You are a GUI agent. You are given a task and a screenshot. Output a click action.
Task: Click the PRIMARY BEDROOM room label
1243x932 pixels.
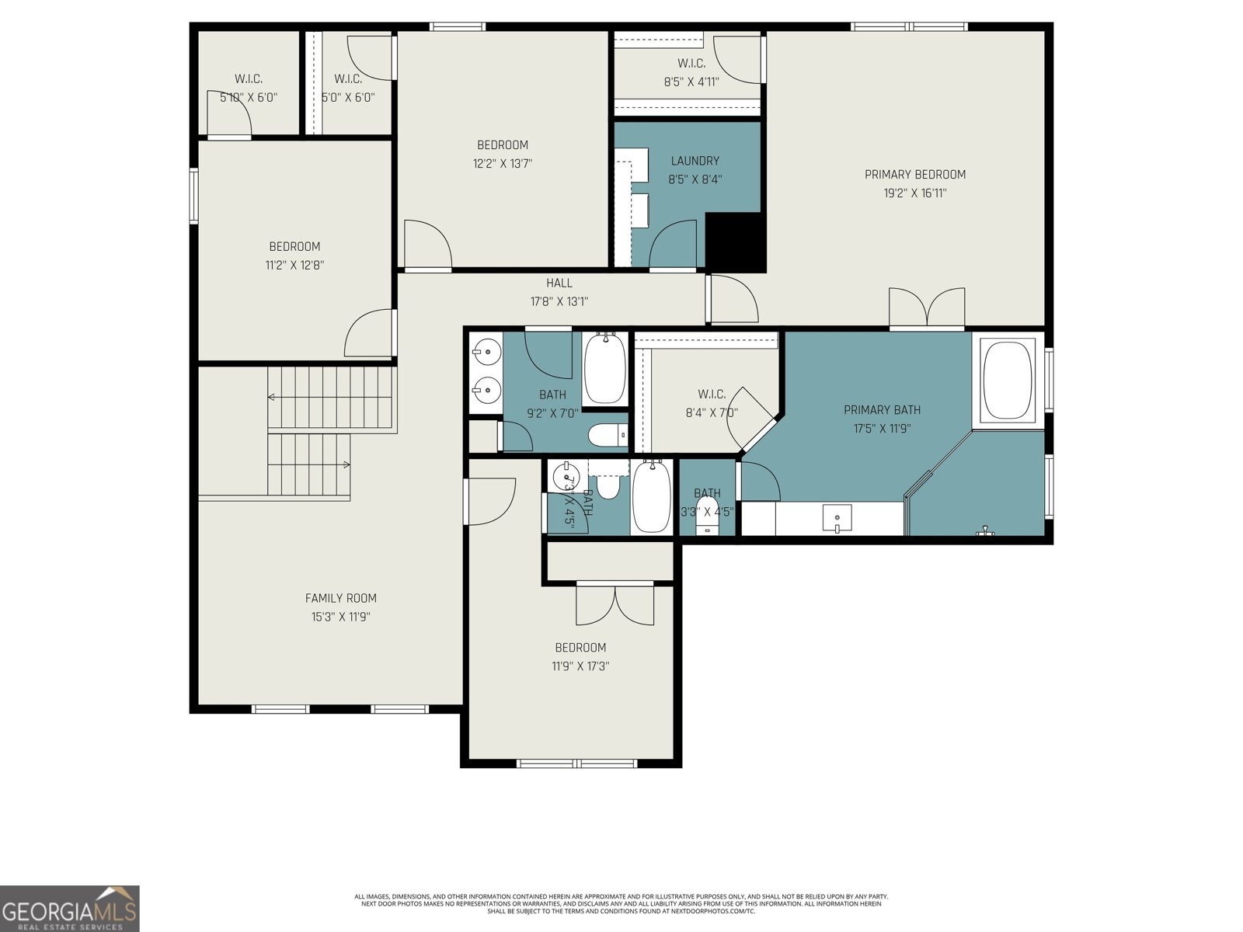pos(915,175)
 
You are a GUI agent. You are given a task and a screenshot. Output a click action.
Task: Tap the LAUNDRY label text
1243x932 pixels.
pos(695,161)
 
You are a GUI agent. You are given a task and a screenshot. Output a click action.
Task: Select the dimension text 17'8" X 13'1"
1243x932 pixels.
pos(559,302)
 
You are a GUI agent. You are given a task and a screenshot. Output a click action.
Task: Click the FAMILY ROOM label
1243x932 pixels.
pos(340,598)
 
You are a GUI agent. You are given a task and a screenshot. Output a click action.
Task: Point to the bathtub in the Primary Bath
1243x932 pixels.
pos(1008,380)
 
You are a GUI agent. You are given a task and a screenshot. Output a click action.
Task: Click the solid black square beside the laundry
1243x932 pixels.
pos(736,242)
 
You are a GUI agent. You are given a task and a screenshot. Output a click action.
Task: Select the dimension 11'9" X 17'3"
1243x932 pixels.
pos(580,666)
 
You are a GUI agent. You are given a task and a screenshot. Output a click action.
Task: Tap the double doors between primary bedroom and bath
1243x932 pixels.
pos(927,308)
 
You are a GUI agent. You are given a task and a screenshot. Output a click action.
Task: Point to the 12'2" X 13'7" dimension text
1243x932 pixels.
pos(503,164)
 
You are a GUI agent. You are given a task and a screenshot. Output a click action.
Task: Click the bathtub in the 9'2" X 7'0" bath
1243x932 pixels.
pos(604,368)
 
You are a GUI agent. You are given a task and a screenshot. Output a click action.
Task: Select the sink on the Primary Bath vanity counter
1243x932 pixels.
pos(837,517)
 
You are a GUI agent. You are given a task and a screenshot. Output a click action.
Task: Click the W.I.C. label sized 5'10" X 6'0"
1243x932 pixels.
pos(249,79)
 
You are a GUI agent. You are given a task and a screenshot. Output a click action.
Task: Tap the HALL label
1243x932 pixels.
pos(559,283)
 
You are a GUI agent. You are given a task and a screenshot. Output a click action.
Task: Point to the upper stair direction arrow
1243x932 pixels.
pos(271,397)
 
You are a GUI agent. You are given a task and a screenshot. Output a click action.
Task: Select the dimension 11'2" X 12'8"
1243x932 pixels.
pos(294,266)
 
